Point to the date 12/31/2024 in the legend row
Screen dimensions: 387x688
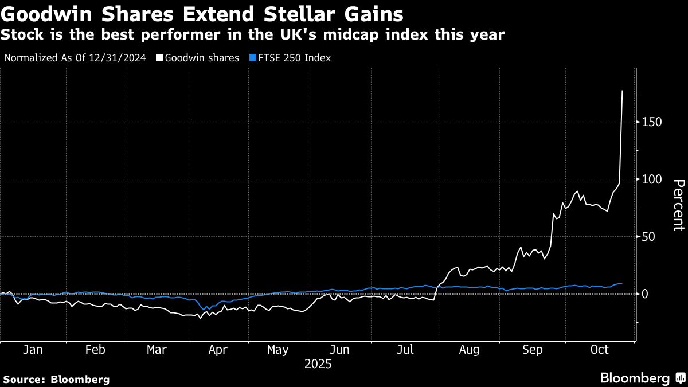point(119,58)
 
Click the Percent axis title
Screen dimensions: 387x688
point(678,205)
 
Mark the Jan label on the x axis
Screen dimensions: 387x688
point(32,350)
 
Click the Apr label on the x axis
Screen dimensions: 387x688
point(217,350)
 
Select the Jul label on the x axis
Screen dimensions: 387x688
point(405,350)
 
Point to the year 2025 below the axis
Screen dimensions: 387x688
point(318,364)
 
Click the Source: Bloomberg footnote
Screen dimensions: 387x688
point(56,380)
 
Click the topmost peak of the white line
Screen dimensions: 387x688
point(623,91)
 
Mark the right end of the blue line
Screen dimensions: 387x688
point(622,284)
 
